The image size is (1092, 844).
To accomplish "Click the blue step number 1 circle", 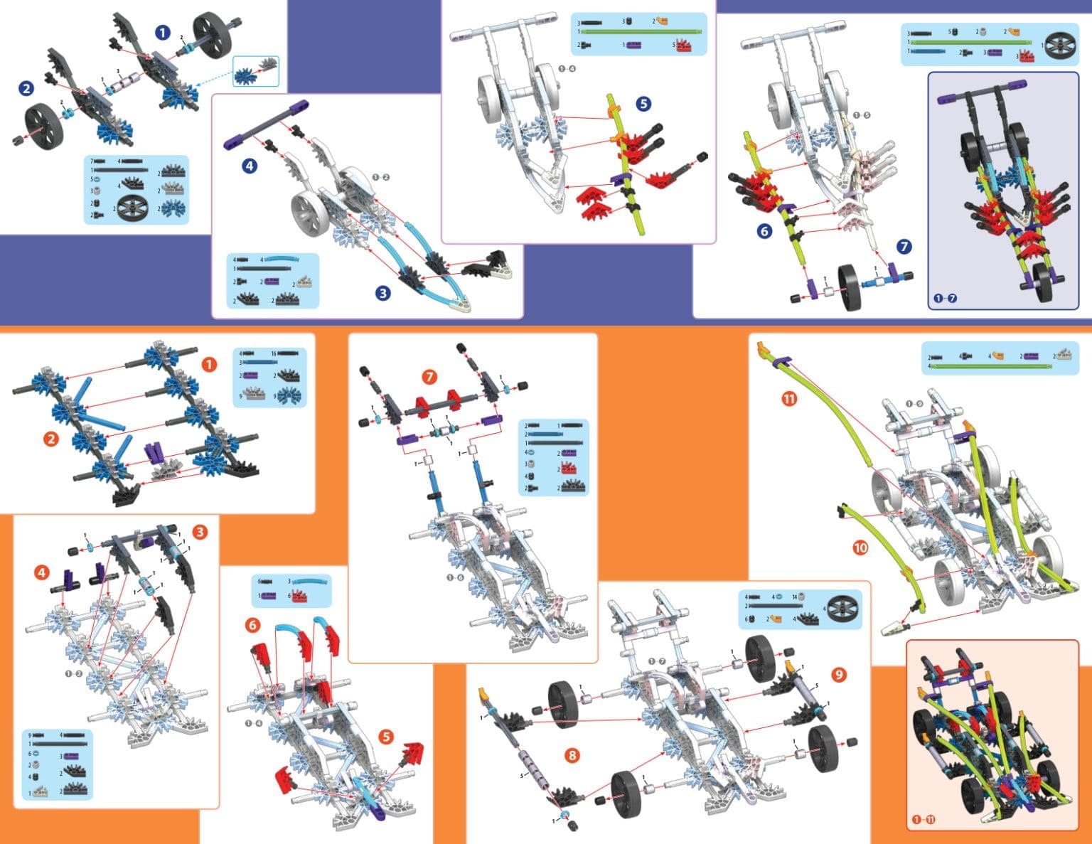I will click(163, 33).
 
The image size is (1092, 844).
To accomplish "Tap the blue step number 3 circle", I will click(383, 292).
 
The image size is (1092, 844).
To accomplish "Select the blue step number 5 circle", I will click(643, 104).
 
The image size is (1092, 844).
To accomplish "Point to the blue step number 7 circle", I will click(904, 247).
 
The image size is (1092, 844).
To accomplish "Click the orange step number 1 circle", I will click(208, 365).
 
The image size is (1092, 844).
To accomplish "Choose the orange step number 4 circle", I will click(42, 572).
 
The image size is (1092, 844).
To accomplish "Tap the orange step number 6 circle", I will click(252, 625).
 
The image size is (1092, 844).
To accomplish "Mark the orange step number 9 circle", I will click(839, 674).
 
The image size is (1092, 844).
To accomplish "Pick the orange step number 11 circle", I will click(789, 399).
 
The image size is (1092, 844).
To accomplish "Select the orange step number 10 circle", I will click(860, 547).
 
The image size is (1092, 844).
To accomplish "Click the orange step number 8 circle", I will click(572, 755).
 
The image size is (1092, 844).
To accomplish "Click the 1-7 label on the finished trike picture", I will click(946, 298).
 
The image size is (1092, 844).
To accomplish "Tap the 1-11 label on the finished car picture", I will click(924, 820).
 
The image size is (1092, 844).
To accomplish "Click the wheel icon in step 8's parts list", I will click(843, 609).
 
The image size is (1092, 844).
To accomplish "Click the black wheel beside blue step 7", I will click(850, 287).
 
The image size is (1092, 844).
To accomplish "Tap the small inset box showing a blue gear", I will click(256, 71).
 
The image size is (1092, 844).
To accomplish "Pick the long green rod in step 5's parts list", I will click(643, 32).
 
